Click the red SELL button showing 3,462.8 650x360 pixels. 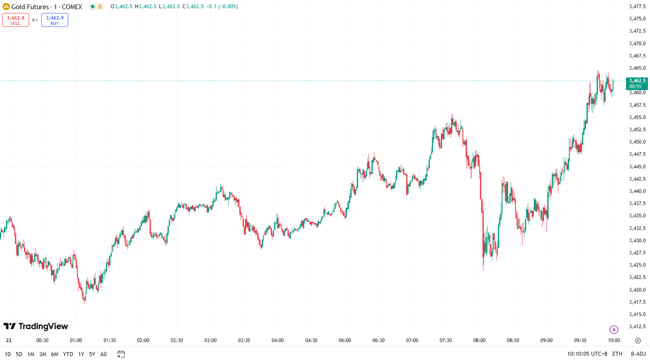(16, 20)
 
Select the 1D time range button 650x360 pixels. (8, 354)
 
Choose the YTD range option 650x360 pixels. (68, 354)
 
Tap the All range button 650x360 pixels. (104, 354)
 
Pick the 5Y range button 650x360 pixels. (92, 354)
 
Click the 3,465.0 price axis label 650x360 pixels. (637, 68)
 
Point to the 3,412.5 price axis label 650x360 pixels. (637, 327)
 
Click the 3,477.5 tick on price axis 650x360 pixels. (637, 7)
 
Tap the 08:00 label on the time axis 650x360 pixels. (479, 340)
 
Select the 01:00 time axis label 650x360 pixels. (76, 340)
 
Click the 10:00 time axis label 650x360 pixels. (614, 340)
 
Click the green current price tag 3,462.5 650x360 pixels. (637, 83)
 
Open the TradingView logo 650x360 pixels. (36, 326)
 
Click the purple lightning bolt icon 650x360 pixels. (614, 330)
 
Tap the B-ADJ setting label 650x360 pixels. (638, 354)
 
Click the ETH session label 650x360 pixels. (617, 354)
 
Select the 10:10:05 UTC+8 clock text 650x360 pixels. (587, 354)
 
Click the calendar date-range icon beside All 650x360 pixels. (121, 354)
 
